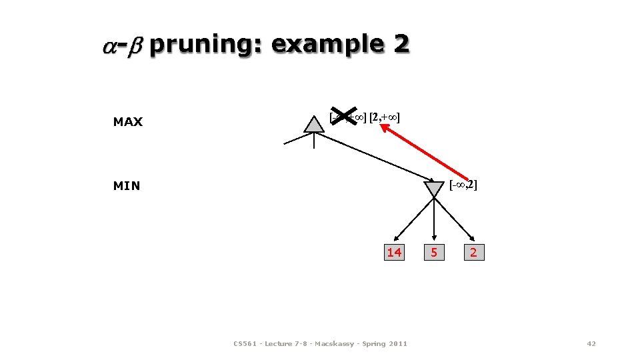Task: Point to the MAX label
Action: point(128,122)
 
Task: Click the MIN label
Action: point(127,186)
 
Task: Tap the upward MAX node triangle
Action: point(313,125)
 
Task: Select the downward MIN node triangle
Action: point(434,189)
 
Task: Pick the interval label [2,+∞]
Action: point(385,118)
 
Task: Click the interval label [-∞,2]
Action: point(463,184)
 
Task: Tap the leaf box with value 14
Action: point(395,252)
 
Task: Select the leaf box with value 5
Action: point(434,252)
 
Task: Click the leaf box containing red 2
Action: point(473,252)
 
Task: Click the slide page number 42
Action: point(591,343)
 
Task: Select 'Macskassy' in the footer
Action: point(333,344)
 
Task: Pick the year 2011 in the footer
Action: point(398,344)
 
